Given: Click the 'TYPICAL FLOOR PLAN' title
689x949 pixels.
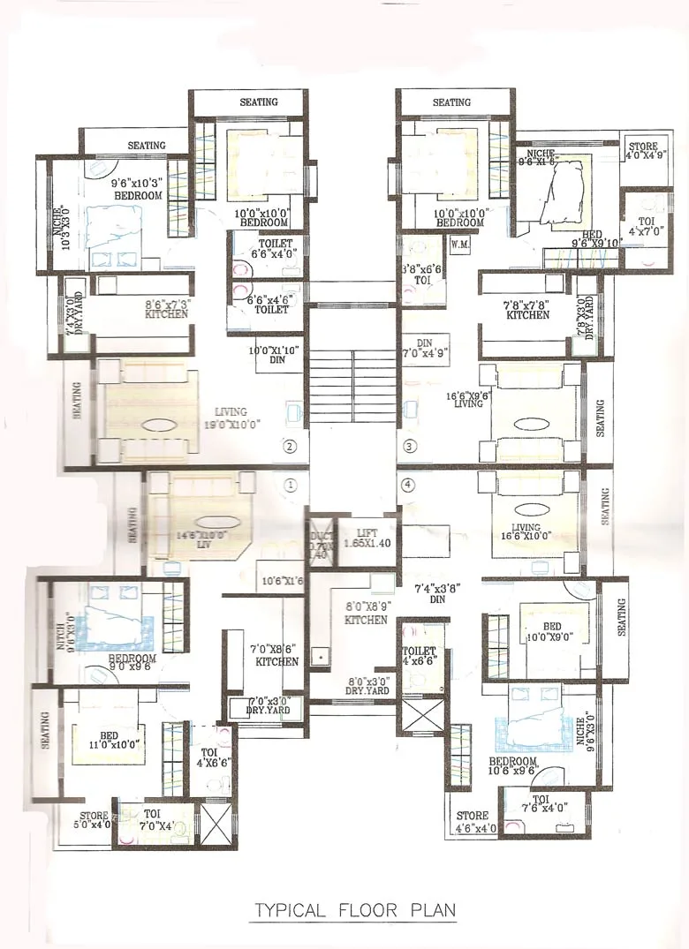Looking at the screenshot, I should (355, 909).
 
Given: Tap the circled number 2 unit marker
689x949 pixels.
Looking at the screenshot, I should (290, 446).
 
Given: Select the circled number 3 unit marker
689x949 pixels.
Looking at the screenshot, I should (409, 446).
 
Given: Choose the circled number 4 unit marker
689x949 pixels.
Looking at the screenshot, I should (408, 485).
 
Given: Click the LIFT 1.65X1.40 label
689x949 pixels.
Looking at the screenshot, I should (366, 539).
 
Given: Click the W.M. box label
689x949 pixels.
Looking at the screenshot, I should (459, 243).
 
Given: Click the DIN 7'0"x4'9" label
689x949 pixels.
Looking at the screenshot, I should (427, 347).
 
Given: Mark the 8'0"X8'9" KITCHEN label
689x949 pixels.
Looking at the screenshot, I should (366, 613).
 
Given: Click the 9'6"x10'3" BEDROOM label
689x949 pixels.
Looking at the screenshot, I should (136, 189).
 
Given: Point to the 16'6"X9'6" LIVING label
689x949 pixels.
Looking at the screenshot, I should (468, 398).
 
